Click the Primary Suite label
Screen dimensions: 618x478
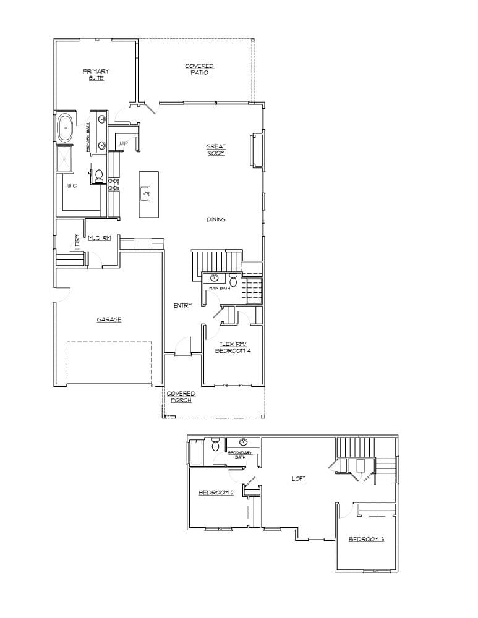click(96, 75)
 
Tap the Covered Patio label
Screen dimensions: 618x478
click(199, 69)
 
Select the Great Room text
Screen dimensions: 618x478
click(216, 150)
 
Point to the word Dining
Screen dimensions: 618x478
click(216, 219)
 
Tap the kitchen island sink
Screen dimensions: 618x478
click(147, 193)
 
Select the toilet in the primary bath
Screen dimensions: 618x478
click(98, 176)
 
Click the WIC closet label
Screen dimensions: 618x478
click(72, 185)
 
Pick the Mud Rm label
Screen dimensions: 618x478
click(99, 238)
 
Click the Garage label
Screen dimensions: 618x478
click(109, 320)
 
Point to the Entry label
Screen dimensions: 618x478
click(182, 305)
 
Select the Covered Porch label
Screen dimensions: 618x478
click(181, 397)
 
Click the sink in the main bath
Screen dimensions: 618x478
click(215, 278)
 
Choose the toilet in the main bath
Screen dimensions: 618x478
click(233, 279)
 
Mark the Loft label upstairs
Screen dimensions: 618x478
click(298, 478)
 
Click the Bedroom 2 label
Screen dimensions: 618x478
click(215, 493)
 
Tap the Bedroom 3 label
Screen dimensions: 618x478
click(366, 539)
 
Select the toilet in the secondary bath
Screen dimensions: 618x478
click(215, 444)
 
